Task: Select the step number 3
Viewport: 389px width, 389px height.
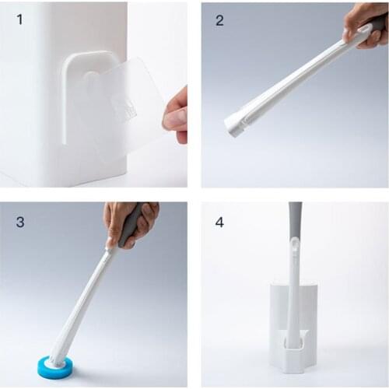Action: pos(19,222)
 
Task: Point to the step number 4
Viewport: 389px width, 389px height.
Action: pos(219,222)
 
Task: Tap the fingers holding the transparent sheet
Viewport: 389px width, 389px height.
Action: pos(177,117)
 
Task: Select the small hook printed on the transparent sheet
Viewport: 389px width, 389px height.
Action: pos(122,107)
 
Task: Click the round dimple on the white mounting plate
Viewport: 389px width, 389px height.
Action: pos(91,78)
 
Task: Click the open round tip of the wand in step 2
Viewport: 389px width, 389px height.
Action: pos(234,125)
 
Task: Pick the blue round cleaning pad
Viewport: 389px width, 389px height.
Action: pos(55,366)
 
